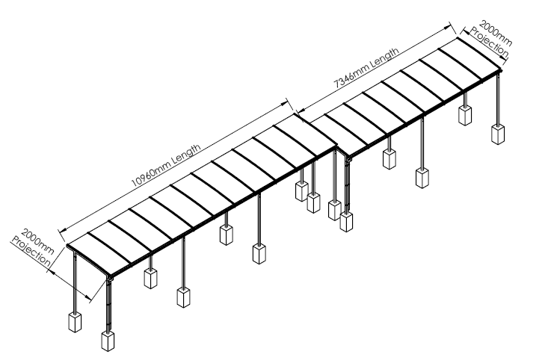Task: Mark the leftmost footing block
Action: click(74, 322)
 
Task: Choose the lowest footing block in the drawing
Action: click(107, 340)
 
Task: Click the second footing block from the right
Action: click(464, 114)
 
